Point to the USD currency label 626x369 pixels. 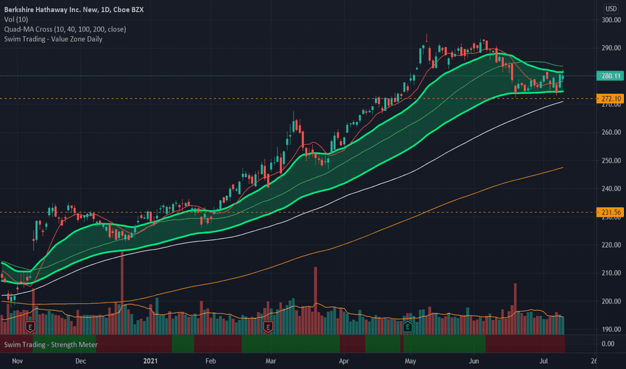[611, 9]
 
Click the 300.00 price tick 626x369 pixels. [611, 20]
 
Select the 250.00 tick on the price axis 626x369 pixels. [611, 161]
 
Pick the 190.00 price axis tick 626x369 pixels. [611, 329]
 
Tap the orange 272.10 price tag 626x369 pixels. [611, 99]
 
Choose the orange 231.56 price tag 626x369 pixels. [611, 213]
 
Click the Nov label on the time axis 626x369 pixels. [18, 361]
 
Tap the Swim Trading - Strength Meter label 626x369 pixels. [50, 345]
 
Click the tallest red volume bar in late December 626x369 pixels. [122, 288]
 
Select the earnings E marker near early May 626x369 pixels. [408, 327]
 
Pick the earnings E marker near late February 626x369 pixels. [268, 327]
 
